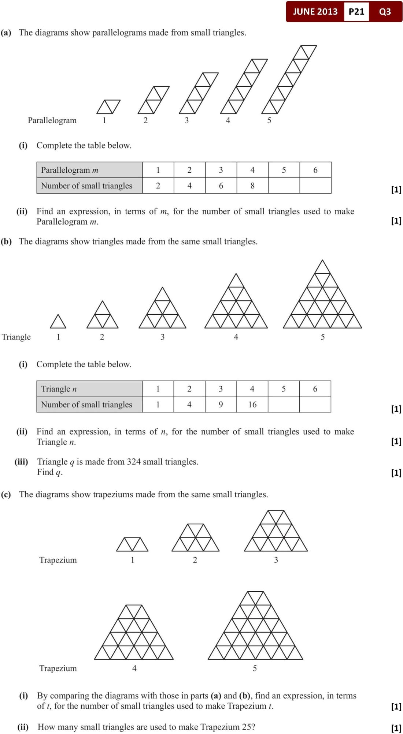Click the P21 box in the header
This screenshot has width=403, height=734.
click(x=356, y=12)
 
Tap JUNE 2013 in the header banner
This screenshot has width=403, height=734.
click(x=315, y=12)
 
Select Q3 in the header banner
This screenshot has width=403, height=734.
click(x=385, y=12)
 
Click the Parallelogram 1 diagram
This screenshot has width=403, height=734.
click(x=108, y=106)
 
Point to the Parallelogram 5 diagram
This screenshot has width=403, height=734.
click(x=289, y=79)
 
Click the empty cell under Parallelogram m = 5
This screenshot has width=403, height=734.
click(x=284, y=186)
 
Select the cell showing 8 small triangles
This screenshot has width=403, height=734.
click(x=252, y=186)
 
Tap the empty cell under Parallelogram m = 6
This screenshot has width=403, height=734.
click(x=315, y=186)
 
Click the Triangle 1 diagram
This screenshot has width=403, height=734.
click(x=58, y=322)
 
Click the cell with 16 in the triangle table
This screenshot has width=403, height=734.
click(x=252, y=404)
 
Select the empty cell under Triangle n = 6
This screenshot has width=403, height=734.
click(x=315, y=404)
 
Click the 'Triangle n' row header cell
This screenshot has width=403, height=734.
click(x=89, y=389)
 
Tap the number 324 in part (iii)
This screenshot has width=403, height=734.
click(x=134, y=462)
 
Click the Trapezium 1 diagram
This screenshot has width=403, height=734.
click(x=132, y=544)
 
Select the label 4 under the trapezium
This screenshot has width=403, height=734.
click(x=134, y=668)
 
